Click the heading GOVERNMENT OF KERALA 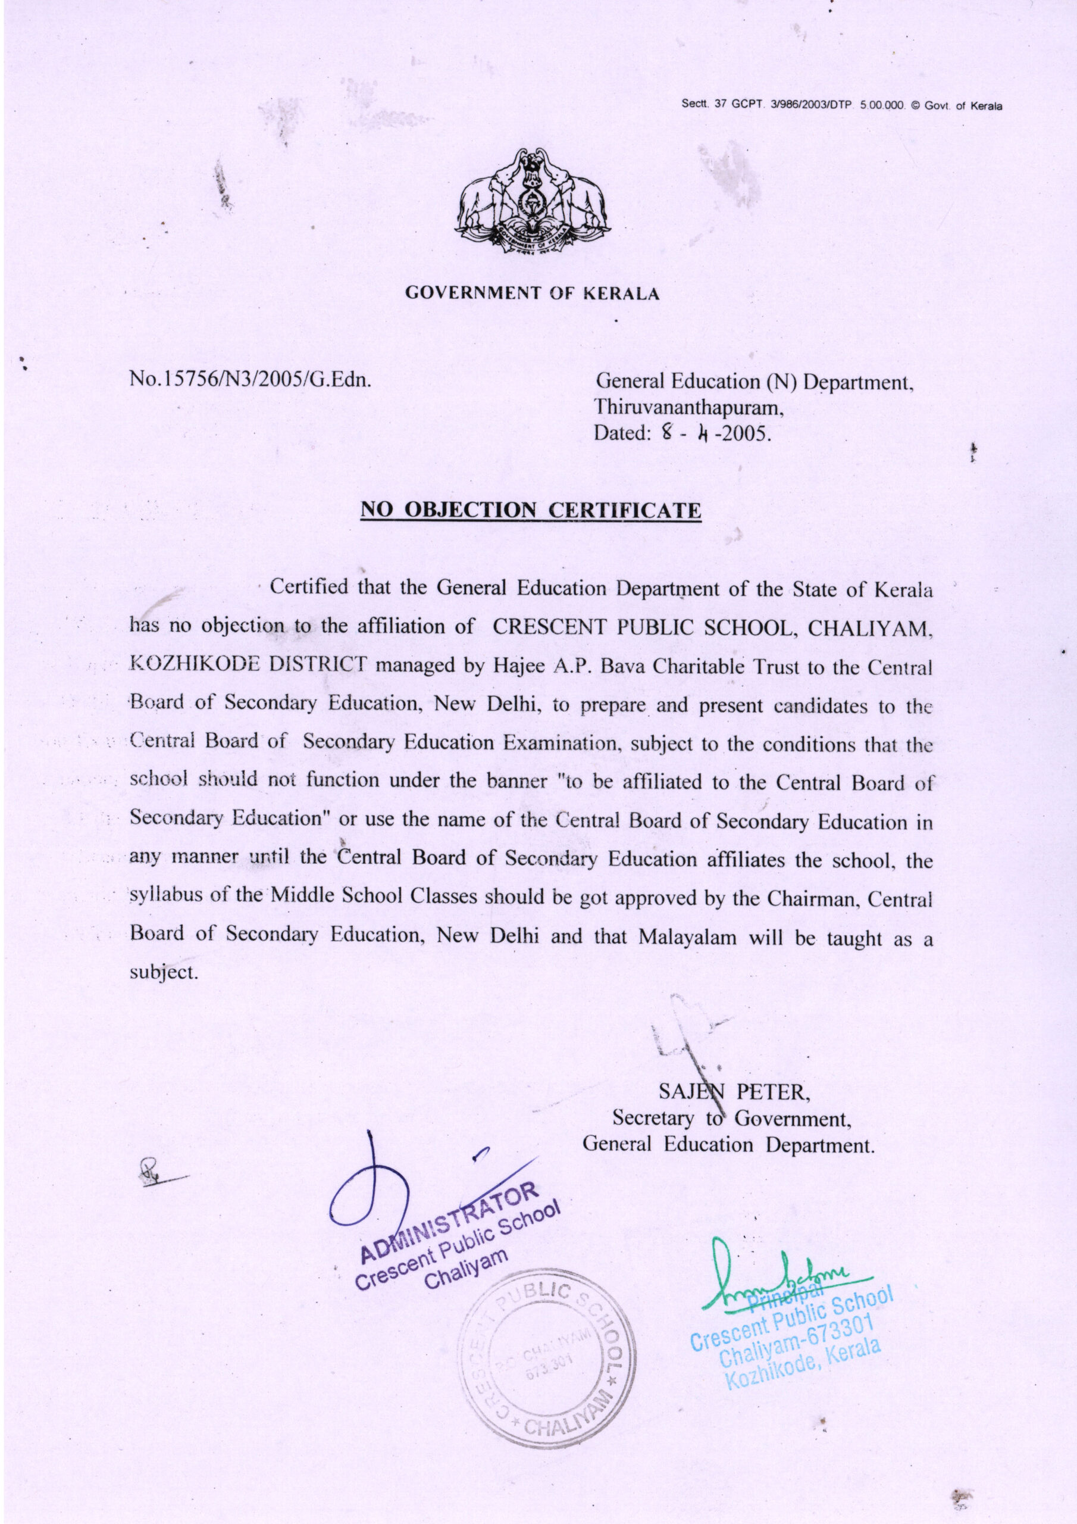(532, 293)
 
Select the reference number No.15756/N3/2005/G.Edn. (250, 382)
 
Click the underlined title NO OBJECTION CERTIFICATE (530, 510)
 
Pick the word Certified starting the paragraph (309, 588)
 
